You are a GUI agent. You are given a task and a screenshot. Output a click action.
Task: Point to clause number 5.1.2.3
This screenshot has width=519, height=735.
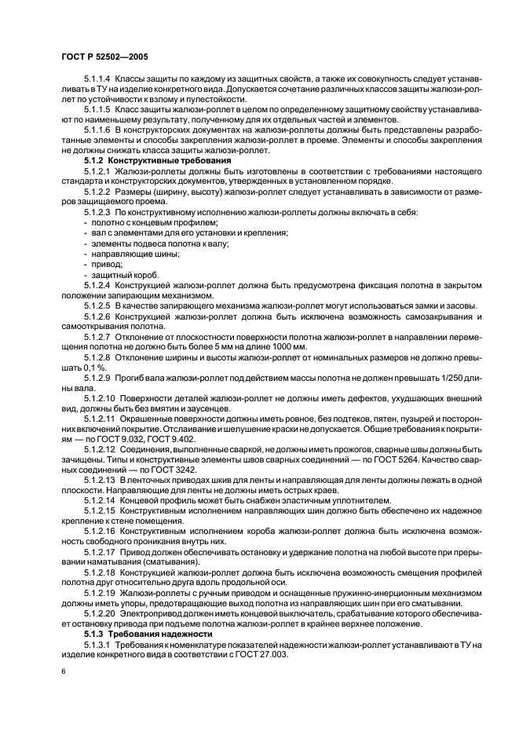(x=97, y=213)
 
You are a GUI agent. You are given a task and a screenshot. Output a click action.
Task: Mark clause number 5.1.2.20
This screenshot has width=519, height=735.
(x=100, y=612)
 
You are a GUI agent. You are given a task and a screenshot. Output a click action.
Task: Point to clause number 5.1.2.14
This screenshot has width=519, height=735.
(x=100, y=501)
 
